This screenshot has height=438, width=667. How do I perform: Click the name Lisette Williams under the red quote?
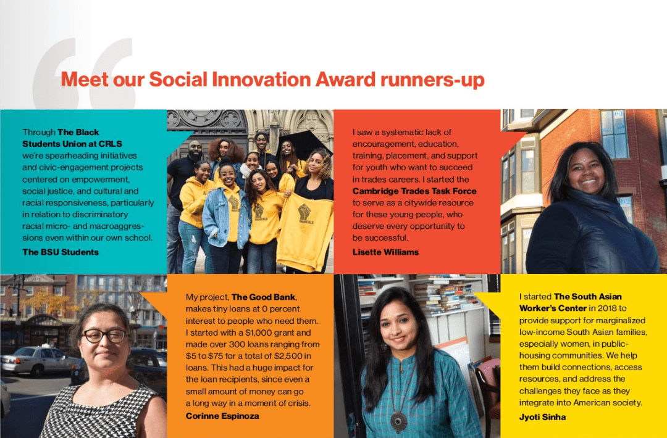385,252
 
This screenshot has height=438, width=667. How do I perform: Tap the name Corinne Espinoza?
222,416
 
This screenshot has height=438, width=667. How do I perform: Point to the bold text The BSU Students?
61,252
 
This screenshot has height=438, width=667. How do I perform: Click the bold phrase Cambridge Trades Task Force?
414,191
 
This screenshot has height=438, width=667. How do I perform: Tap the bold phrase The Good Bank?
264,297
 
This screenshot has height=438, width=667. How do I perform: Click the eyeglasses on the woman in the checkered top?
104,336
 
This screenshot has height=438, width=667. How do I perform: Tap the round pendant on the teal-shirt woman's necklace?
398,421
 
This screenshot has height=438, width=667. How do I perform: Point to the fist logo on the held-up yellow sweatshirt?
304,212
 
